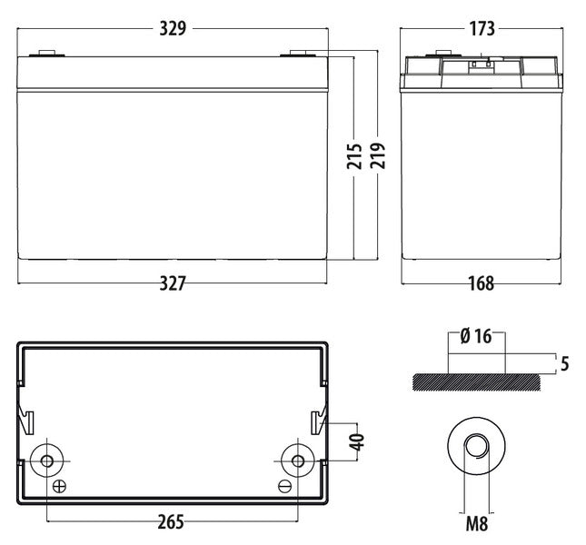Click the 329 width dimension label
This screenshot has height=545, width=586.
[173, 29]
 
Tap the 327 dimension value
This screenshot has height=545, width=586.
[173, 283]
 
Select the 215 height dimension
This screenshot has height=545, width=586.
[354, 155]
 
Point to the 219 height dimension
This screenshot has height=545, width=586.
[378, 155]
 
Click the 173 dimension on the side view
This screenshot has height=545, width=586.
[482, 29]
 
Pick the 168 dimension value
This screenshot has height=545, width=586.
[482, 283]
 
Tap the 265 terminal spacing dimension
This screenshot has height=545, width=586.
[171, 522]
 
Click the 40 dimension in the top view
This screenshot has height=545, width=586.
[358, 441]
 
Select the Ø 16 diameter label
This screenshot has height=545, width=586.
[476, 336]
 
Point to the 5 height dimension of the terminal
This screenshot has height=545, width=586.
[565, 364]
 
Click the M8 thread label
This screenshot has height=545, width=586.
[477, 523]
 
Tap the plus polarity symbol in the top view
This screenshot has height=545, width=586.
[59, 487]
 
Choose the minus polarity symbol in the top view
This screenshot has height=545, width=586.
[284, 486]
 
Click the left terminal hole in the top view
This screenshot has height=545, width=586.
[47, 461]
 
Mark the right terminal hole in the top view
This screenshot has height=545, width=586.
[298, 461]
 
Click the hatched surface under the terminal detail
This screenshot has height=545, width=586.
[476, 382]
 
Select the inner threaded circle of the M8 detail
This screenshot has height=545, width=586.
[476, 446]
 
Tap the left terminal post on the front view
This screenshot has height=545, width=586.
[47, 54]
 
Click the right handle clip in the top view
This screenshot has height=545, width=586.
[318, 421]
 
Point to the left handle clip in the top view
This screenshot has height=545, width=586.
[26, 421]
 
